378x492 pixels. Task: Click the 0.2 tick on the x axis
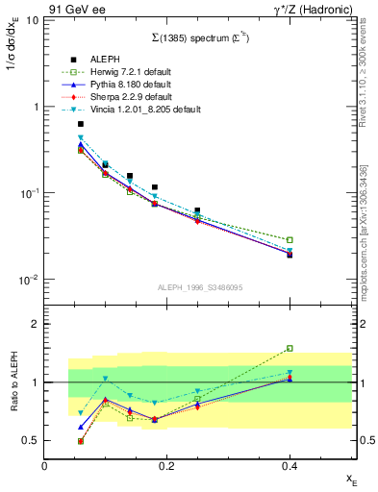(x=166, y=465)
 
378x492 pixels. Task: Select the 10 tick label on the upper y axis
(x=33, y=20)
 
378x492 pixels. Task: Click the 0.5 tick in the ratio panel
(x=32, y=441)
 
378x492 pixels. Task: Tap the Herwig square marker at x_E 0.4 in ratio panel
(x=289, y=349)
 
